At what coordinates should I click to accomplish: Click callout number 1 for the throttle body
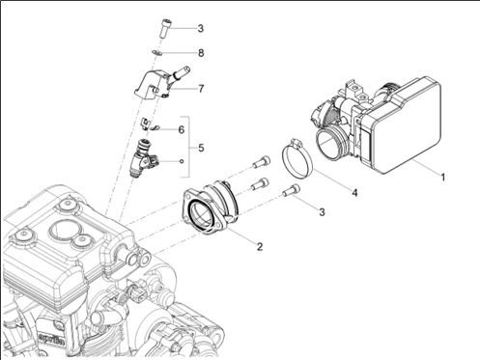point(443,177)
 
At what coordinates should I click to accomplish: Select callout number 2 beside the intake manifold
point(260,247)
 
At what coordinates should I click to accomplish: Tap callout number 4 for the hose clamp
point(354,193)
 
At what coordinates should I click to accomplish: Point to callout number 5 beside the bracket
point(201,148)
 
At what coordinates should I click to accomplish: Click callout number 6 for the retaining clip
point(182,130)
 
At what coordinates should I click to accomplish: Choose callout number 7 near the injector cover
point(201,89)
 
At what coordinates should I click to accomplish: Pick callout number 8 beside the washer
point(201,53)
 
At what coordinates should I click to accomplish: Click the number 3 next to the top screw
point(201,28)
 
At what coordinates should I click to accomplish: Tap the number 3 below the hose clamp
point(322,212)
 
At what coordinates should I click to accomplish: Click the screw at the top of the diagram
point(165,28)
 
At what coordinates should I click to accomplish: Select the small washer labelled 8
point(156,52)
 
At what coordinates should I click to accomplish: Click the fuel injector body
point(142,157)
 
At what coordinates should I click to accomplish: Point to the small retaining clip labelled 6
point(149,125)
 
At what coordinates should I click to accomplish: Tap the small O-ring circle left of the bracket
point(182,160)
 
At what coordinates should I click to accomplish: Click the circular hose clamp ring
point(297,158)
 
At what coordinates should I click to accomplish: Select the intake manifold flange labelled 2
point(211,210)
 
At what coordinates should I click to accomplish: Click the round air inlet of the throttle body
point(329,143)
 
